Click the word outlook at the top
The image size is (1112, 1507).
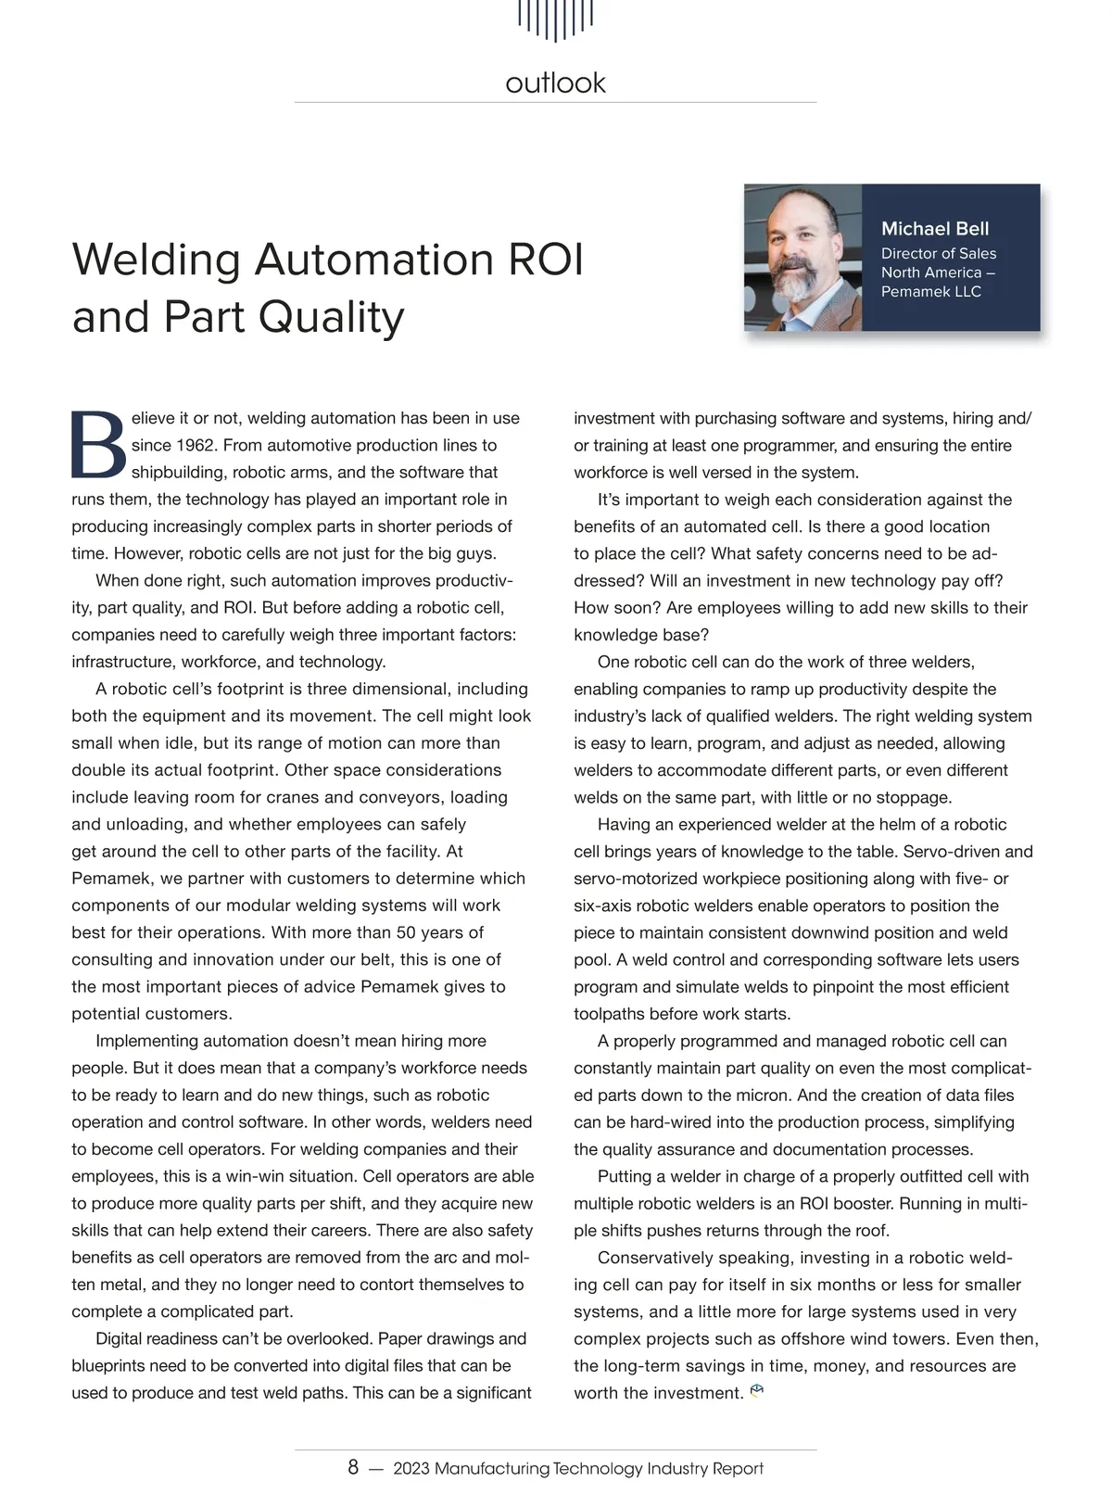(x=555, y=83)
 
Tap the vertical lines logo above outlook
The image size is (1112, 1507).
(x=555, y=19)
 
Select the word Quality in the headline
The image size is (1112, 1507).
(x=331, y=317)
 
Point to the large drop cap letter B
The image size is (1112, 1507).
(x=98, y=444)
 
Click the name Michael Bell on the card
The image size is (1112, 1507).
(x=935, y=229)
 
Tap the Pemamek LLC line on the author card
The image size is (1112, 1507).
(x=930, y=292)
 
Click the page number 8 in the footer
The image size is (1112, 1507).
(x=353, y=1468)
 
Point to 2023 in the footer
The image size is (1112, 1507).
(x=411, y=1469)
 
